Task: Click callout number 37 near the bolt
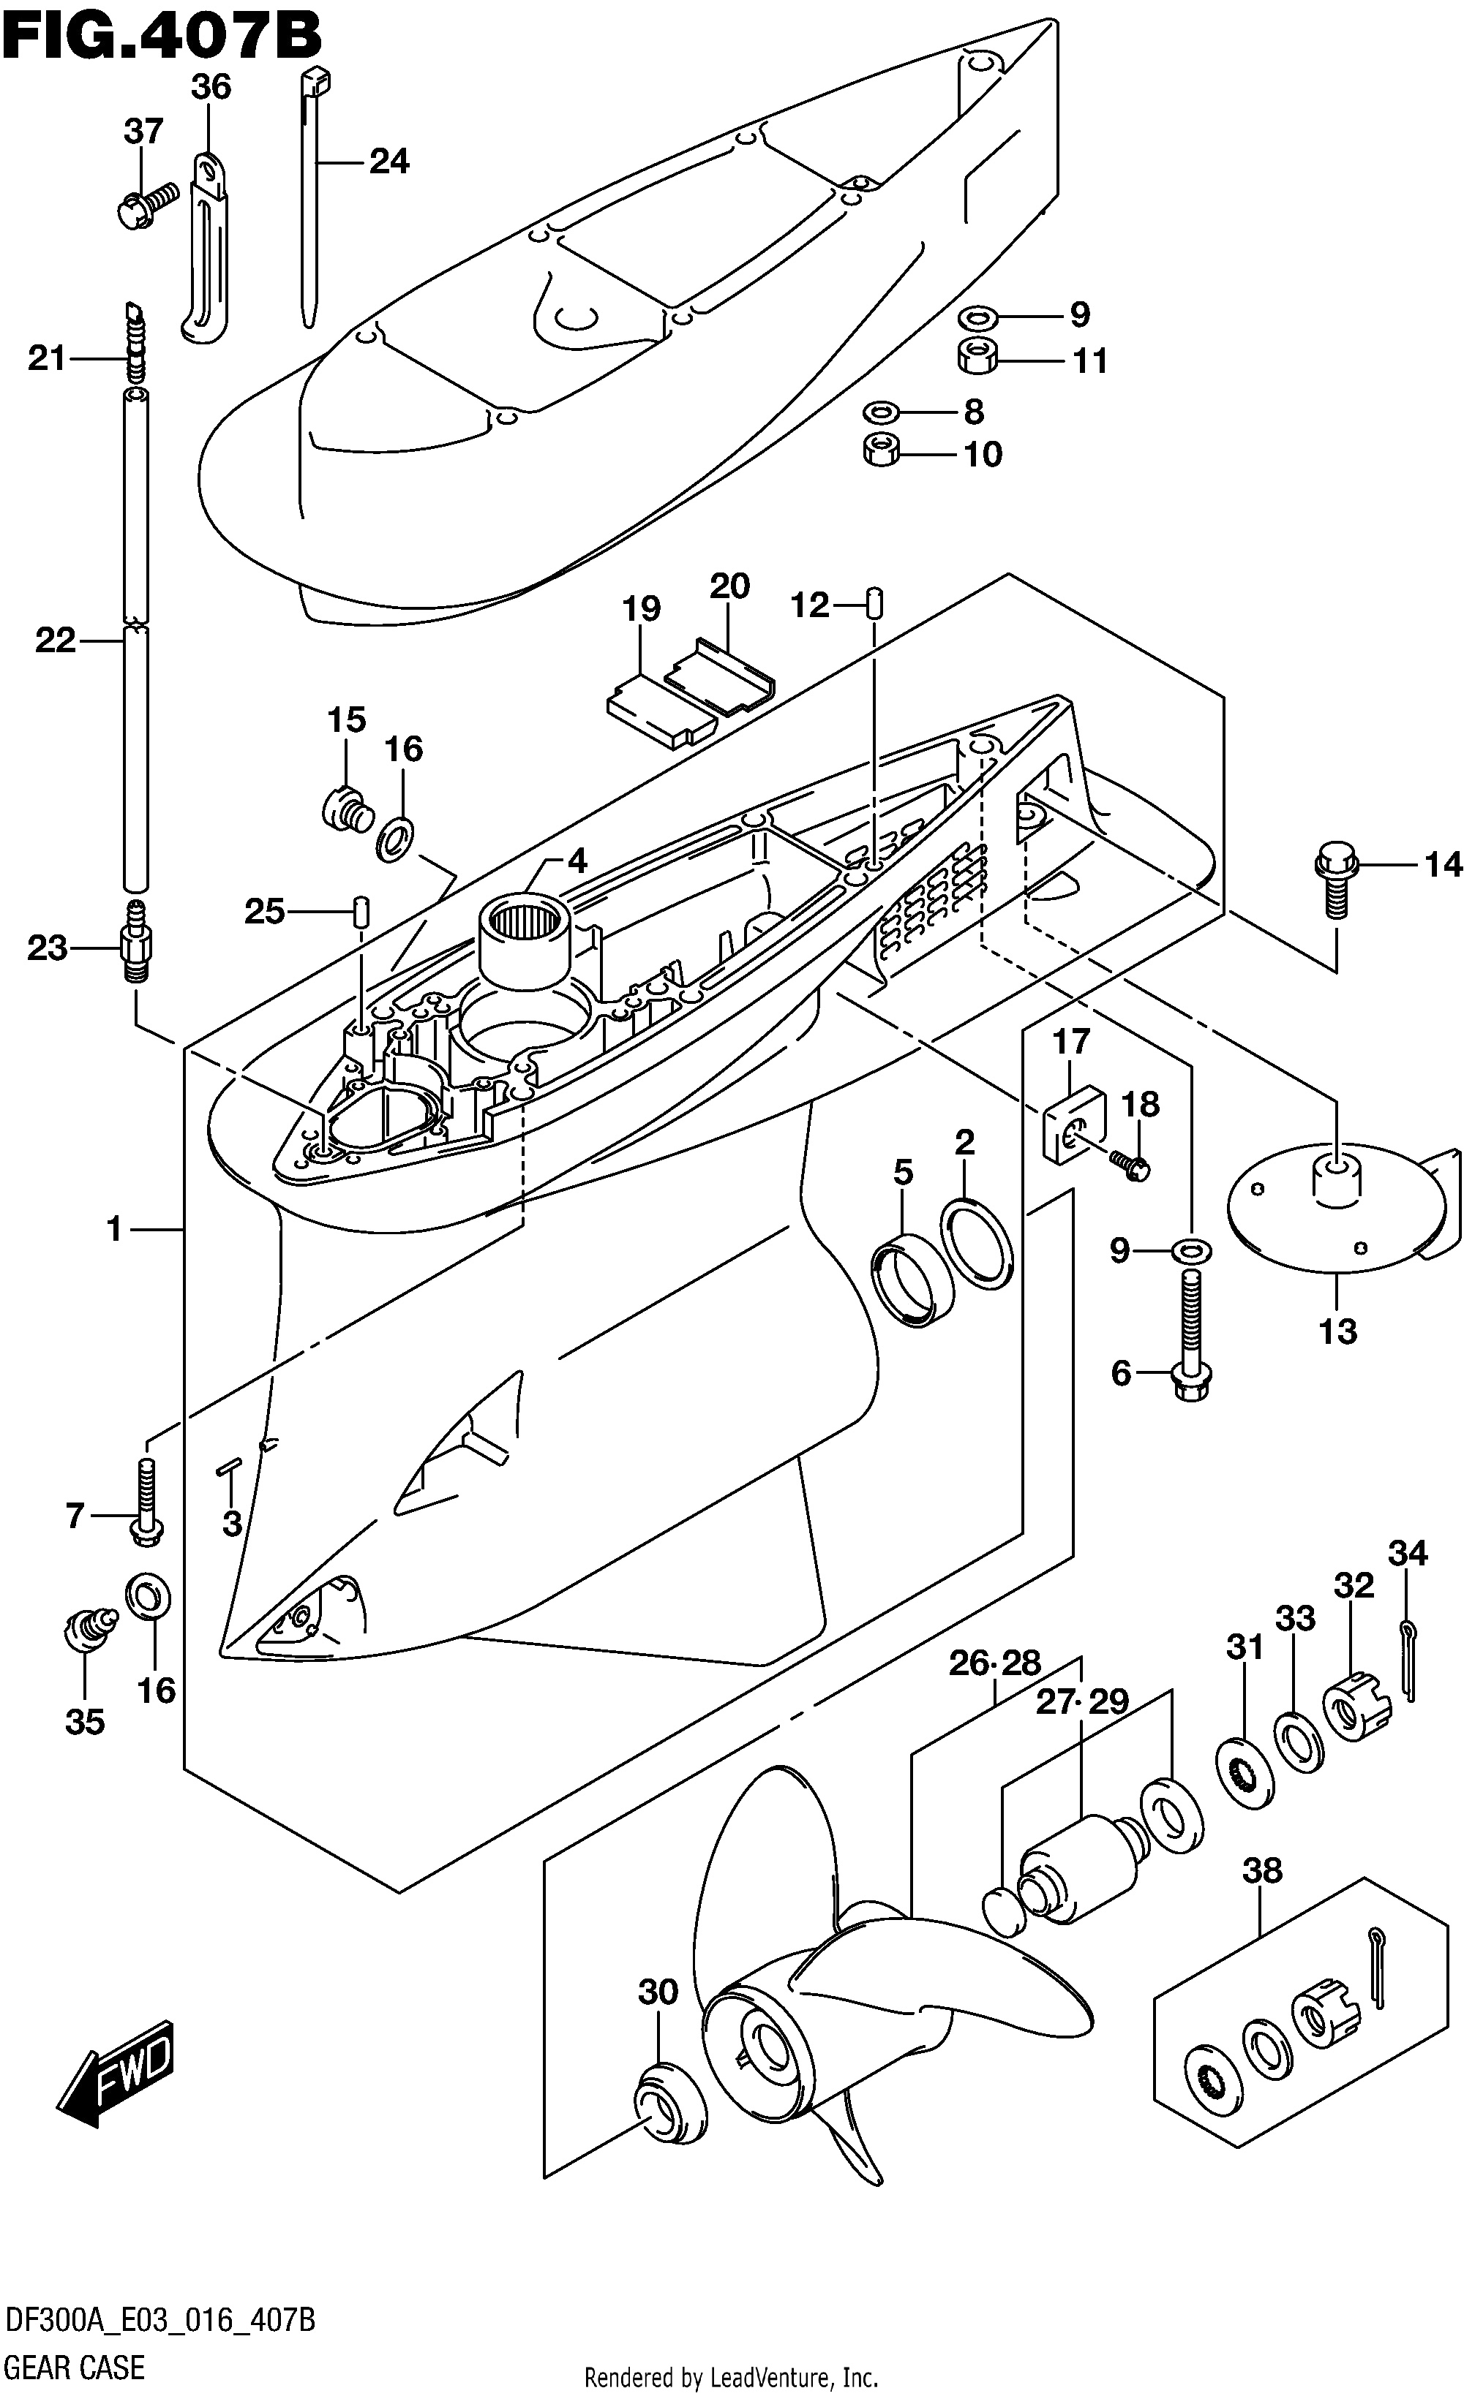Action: point(143,132)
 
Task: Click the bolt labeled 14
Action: point(1334,880)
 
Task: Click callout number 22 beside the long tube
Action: point(54,640)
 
